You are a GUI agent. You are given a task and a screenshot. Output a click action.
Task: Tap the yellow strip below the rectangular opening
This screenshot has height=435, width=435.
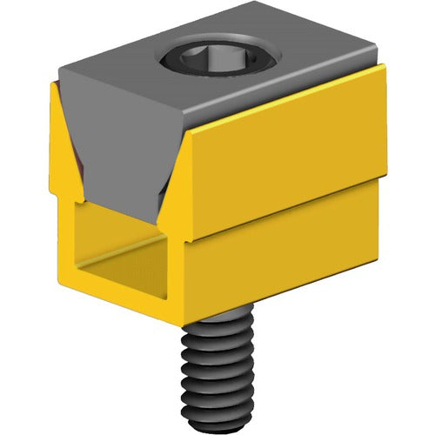coord(130,300)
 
